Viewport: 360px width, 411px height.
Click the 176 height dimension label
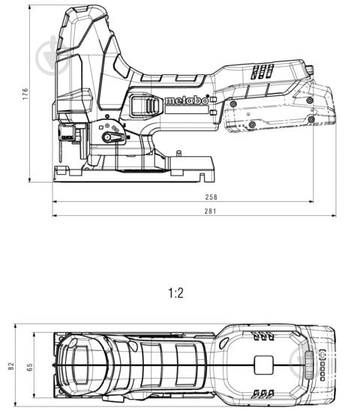tap(25, 93)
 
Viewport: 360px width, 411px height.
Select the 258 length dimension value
tap(211, 197)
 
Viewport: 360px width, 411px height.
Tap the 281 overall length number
tap(211, 211)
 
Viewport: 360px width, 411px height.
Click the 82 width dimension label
tap(10, 365)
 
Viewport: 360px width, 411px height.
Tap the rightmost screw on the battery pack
tap(310, 120)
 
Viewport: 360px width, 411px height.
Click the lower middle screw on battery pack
tap(251, 124)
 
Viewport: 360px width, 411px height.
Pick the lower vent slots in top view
tap(262, 392)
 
